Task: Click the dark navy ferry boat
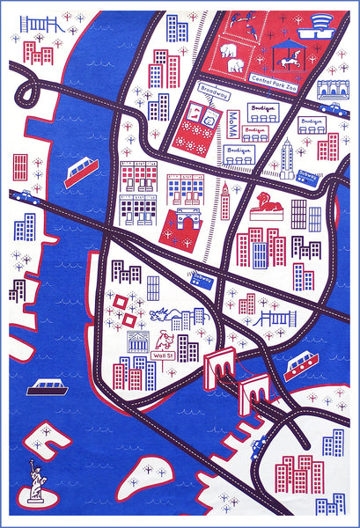(43, 386)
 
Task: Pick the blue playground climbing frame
(38, 24)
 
